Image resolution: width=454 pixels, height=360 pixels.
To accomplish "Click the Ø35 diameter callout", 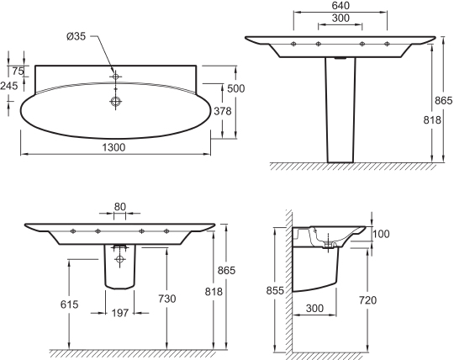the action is pyautogui.click(x=76, y=36).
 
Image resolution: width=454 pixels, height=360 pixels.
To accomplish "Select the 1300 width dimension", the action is pyautogui.click(x=113, y=147).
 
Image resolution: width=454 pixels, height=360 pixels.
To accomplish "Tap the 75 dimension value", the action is pyautogui.click(x=18, y=71).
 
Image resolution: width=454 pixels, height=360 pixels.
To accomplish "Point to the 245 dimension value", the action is pyautogui.click(x=9, y=86).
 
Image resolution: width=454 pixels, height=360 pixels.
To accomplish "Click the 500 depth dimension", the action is pyautogui.click(x=236, y=88).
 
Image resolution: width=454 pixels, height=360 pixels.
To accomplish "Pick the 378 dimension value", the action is pyautogui.click(x=223, y=111).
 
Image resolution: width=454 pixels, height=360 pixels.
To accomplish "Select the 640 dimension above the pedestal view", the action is pyautogui.click(x=340, y=5).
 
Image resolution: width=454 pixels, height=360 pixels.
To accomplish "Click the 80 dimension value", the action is pyautogui.click(x=120, y=207).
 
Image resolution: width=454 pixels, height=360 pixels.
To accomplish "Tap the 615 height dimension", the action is pyautogui.click(x=70, y=304).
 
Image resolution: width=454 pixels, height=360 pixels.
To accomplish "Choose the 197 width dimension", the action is pyautogui.click(x=120, y=313).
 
